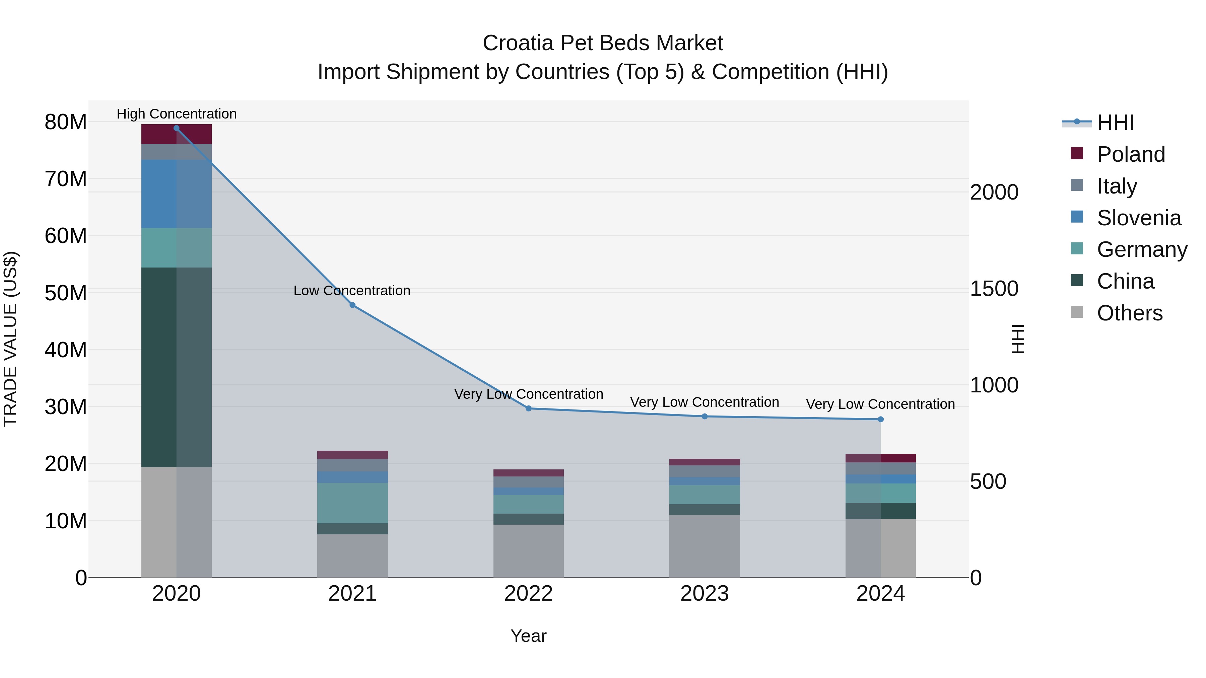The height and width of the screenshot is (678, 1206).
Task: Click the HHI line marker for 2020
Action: [x=177, y=128]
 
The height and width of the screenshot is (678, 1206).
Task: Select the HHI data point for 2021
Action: [x=352, y=305]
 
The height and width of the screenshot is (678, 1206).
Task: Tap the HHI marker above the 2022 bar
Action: [x=529, y=408]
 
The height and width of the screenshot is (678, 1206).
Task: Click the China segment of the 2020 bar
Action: [x=177, y=367]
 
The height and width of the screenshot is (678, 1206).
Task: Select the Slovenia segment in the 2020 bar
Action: [x=177, y=194]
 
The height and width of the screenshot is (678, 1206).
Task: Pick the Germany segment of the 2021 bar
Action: [x=352, y=503]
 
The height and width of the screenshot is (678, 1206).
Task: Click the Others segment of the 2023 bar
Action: [x=705, y=546]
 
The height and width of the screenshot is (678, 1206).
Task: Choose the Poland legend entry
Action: [x=1131, y=154]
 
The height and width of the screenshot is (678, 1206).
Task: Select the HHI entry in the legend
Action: [x=1115, y=123]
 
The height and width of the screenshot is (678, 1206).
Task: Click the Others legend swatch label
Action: [x=1129, y=313]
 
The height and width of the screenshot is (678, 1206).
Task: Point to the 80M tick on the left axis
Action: [x=66, y=122]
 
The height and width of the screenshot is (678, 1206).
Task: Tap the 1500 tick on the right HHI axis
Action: [x=994, y=289]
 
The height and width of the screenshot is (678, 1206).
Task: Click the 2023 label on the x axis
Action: [x=705, y=594]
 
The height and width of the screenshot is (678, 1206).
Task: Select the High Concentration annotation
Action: [x=177, y=114]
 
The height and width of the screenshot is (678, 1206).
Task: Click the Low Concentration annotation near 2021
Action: [x=352, y=291]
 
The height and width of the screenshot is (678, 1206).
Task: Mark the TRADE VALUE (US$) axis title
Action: [x=11, y=339]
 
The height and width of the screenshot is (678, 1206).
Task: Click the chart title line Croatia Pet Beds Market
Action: [x=603, y=43]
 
